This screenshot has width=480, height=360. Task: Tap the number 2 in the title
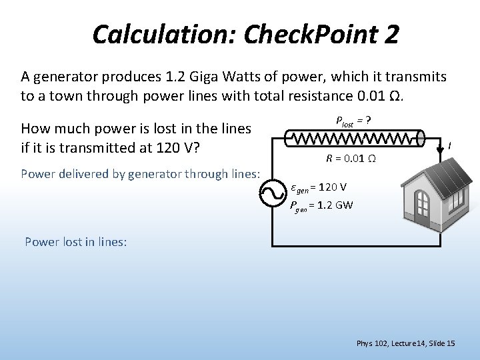click(x=391, y=34)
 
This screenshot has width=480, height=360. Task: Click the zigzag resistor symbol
click(x=354, y=139)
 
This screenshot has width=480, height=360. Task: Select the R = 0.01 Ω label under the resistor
click(x=351, y=159)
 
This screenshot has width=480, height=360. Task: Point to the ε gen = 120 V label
click(x=319, y=186)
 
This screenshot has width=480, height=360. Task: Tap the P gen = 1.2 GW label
click(x=322, y=205)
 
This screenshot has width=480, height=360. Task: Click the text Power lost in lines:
click(x=75, y=242)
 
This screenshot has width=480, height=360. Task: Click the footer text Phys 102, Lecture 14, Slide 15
click(x=405, y=343)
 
